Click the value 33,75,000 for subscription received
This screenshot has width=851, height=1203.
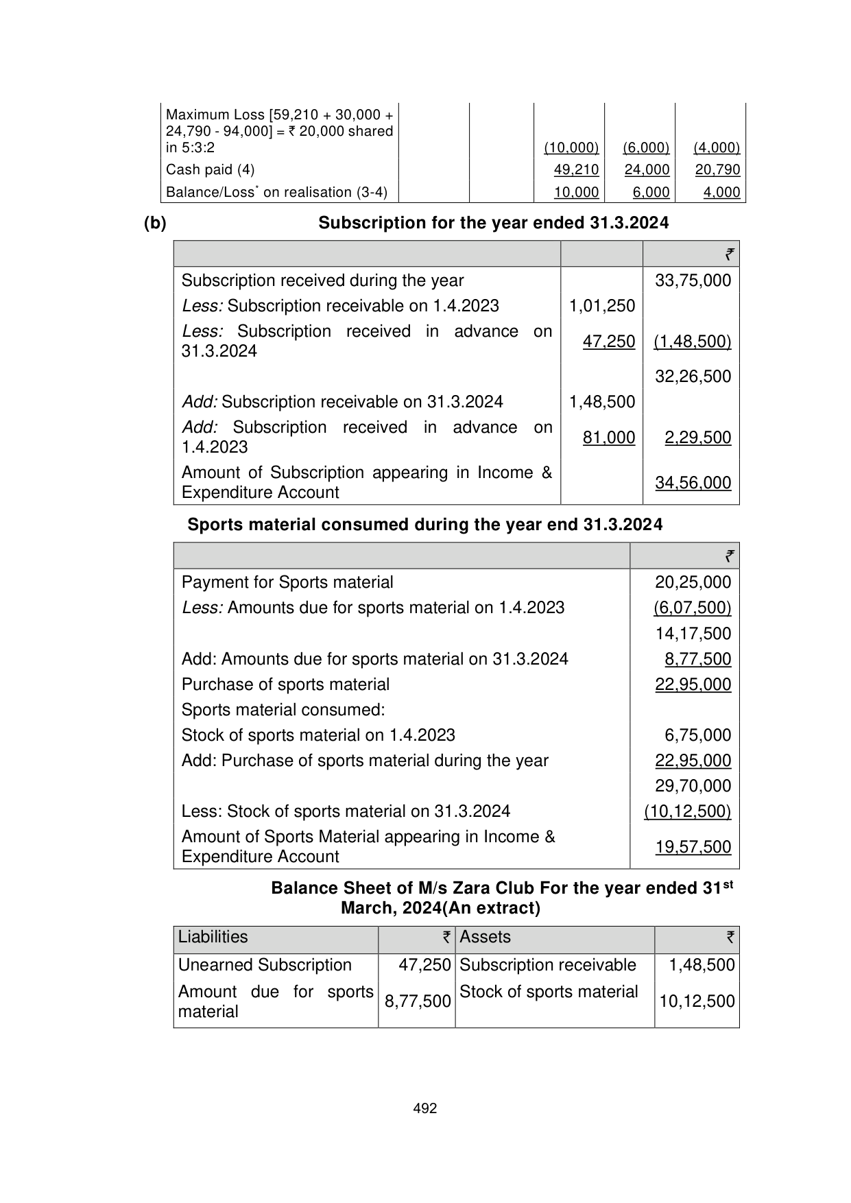(x=693, y=281)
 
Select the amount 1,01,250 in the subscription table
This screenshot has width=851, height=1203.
(x=602, y=306)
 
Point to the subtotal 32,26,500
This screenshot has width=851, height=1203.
(x=693, y=377)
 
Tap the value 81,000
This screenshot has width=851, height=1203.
(x=609, y=438)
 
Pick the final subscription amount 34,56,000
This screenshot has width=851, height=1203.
(x=693, y=483)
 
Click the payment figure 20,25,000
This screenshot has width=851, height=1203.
(x=693, y=582)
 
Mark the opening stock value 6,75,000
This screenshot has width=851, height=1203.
(x=697, y=735)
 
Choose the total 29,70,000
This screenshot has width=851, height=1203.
(x=693, y=786)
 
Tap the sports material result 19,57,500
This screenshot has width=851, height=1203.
(x=693, y=847)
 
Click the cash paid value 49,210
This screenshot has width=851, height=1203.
(x=576, y=170)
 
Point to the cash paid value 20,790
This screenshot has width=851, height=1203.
(x=717, y=170)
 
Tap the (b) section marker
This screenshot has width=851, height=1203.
(x=155, y=224)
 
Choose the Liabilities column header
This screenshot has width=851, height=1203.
(x=213, y=938)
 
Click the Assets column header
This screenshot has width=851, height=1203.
(x=485, y=938)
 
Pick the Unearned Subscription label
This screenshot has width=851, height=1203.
(x=265, y=966)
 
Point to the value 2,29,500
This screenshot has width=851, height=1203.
(x=697, y=438)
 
